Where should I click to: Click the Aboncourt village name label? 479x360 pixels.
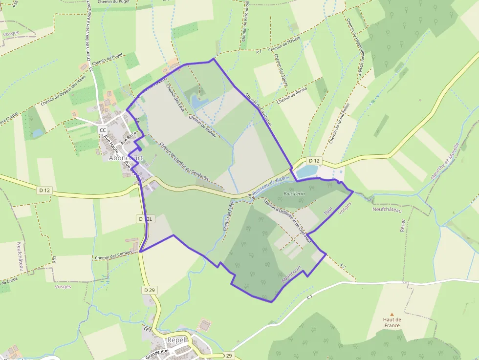(x=126, y=158)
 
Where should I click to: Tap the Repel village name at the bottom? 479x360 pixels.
(x=177, y=340)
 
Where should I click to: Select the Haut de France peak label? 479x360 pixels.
(x=392, y=322)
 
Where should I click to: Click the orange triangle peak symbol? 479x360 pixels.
(x=392, y=315)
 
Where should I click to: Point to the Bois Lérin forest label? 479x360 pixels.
(x=294, y=194)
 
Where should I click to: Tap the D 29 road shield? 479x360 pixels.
(x=150, y=290)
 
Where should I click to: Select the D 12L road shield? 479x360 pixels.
(x=146, y=219)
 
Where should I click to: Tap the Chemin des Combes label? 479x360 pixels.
(x=113, y=257)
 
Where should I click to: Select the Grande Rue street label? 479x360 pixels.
(x=157, y=351)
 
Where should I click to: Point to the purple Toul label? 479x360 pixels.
(x=328, y=210)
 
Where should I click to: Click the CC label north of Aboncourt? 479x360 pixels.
(x=103, y=130)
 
